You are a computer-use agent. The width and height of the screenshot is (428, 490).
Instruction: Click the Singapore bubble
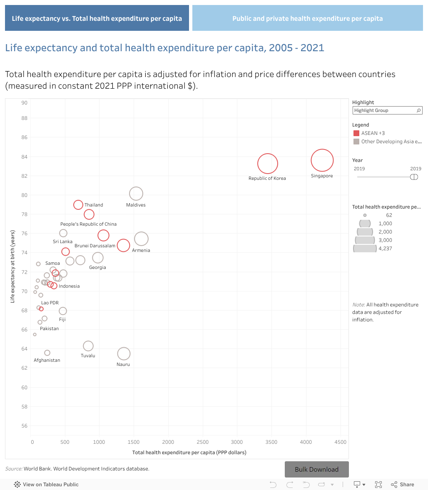322,160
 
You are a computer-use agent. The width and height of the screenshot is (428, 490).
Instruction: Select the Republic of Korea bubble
267,164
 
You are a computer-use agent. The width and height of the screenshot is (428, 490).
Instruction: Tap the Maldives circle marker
136,194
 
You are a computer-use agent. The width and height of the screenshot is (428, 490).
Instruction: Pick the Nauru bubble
124,354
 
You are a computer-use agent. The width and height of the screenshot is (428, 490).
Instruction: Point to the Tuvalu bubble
88,346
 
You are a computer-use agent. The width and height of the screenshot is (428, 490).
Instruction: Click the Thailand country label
94,205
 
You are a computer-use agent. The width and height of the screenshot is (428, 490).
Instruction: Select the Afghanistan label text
47,360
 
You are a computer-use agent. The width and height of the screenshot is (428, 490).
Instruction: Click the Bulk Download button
316,469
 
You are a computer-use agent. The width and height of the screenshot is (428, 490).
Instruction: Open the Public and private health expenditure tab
307,18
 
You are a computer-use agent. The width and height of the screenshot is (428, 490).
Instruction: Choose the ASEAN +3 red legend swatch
356,133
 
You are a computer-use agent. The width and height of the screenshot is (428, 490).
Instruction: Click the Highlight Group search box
387,110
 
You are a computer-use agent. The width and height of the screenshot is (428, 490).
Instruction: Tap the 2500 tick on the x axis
202,442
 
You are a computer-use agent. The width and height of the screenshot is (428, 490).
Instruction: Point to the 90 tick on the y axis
24,103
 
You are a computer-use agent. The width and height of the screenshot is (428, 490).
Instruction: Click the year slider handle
414,177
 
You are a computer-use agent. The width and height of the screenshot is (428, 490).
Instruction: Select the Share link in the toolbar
403,484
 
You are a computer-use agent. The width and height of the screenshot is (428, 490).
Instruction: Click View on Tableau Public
50,484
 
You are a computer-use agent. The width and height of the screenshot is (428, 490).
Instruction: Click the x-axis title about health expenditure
189,452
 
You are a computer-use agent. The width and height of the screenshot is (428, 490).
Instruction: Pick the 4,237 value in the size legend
386,249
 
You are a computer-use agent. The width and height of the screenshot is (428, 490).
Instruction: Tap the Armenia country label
141,250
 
